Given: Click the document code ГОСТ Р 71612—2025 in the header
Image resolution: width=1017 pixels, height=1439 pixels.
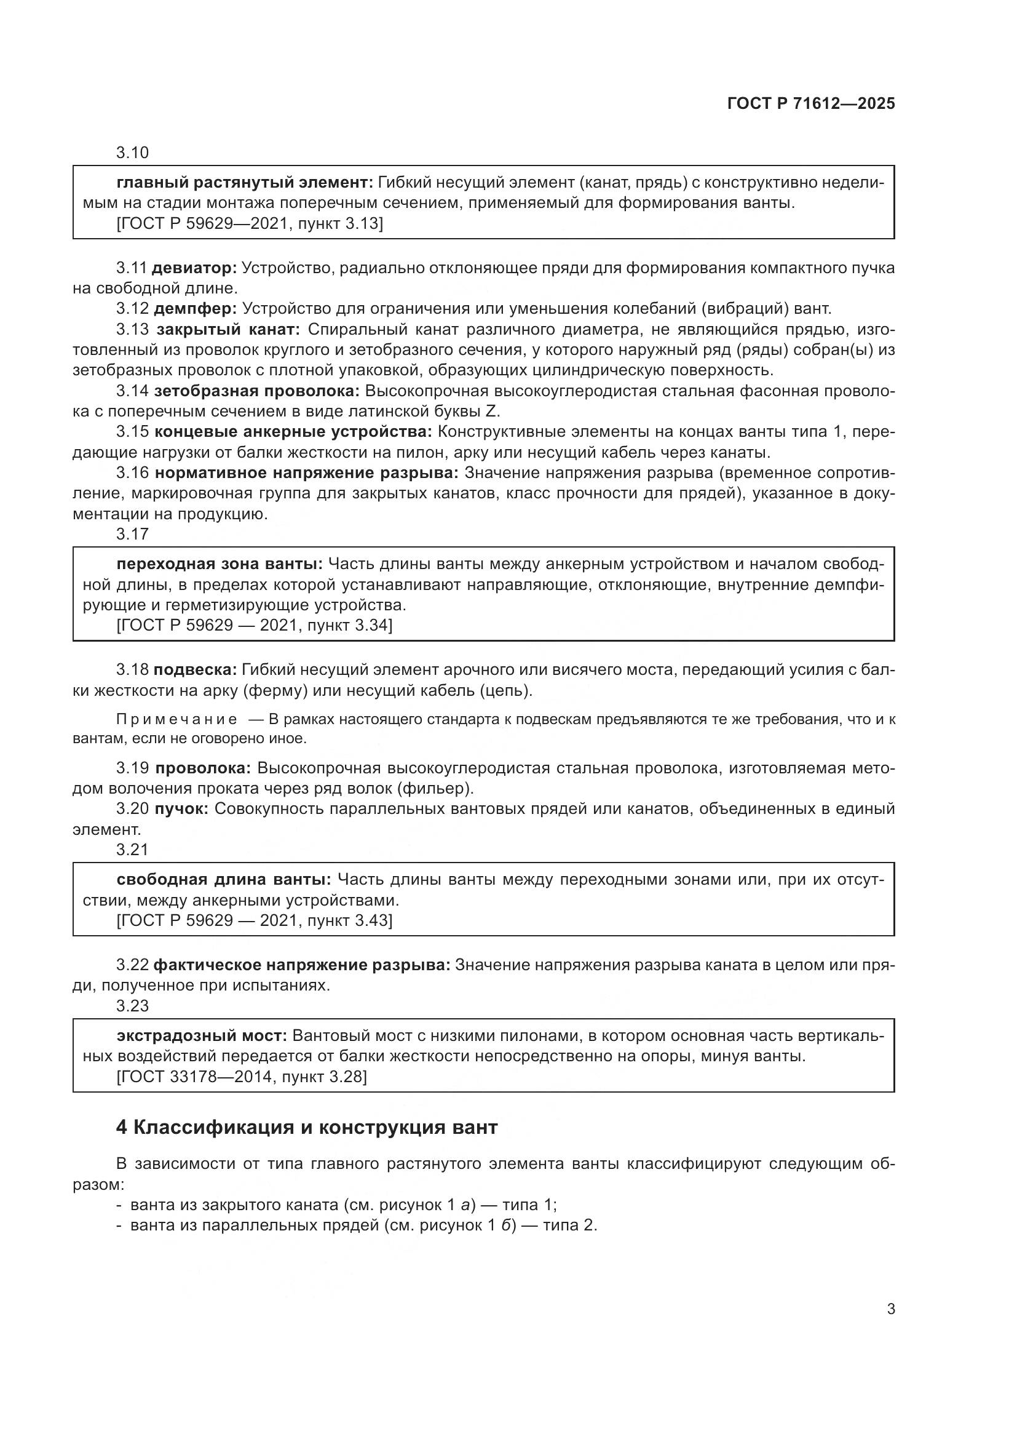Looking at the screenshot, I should (811, 103).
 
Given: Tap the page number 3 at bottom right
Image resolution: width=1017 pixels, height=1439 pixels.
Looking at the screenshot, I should (891, 1309).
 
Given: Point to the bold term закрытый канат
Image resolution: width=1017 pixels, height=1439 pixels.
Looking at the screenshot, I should (228, 330).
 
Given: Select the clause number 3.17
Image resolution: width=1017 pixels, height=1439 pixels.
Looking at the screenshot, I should (132, 534).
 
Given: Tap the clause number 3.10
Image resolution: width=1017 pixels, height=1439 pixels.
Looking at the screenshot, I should (132, 153).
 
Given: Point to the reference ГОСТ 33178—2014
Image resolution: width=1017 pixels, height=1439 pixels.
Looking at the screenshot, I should (196, 1077).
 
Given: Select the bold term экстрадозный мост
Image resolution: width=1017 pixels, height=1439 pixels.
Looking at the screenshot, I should (202, 1035).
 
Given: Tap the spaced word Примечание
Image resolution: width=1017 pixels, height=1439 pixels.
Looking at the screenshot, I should (176, 720).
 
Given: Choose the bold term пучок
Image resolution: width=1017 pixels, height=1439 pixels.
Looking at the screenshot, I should (181, 809).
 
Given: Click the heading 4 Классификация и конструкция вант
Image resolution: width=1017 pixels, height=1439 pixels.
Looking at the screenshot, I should (307, 1128).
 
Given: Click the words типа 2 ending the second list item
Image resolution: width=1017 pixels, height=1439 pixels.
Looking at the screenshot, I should (569, 1225).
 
